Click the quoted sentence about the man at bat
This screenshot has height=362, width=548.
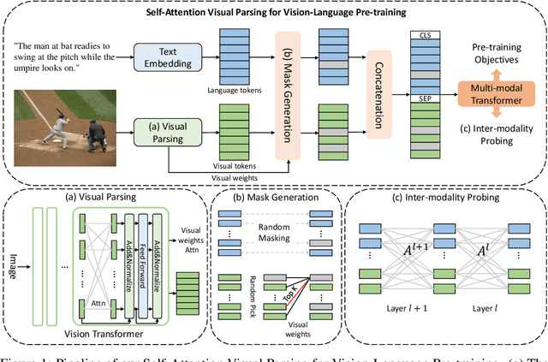74,54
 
